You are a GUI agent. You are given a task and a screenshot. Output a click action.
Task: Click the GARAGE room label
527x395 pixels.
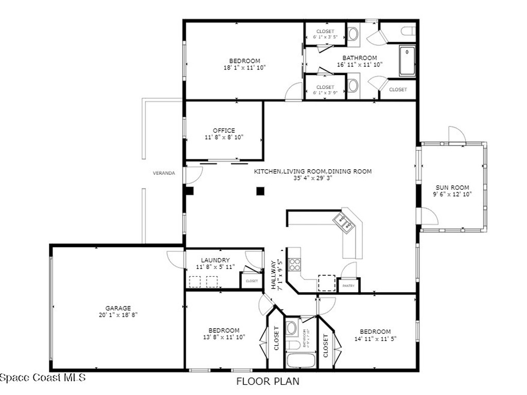(x=118, y=308)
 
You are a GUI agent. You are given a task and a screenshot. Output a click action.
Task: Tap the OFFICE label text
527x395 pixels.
(x=224, y=131)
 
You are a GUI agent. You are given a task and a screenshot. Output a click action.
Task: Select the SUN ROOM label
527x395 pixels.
(x=452, y=187)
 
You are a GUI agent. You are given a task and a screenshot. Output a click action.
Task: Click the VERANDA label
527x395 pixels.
(x=164, y=173)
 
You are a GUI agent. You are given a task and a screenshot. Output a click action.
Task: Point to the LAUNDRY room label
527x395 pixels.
(x=215, y=260)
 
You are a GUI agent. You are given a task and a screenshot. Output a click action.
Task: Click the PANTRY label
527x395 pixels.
(x=348, y=286)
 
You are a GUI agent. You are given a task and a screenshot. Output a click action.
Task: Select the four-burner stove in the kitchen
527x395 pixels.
(x=294, y=264)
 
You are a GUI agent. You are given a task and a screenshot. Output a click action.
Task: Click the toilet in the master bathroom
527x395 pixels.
(x=409, y=31)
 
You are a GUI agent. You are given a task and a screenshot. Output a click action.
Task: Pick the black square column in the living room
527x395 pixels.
(x=260, y=191)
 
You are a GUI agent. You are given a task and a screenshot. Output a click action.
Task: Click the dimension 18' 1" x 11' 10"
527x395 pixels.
(x=244, y=67)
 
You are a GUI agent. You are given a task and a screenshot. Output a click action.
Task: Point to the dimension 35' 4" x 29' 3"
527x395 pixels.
(x=312, y=178)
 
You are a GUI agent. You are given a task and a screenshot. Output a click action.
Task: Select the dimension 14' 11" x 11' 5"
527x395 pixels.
(x=375, y=338)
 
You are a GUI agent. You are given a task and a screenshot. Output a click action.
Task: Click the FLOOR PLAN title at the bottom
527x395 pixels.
(x=268, y=382)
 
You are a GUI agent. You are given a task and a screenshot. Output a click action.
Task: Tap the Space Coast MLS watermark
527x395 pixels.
(x=43, y=378)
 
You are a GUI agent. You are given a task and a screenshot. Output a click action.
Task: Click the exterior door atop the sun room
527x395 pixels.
(x=456, y=135)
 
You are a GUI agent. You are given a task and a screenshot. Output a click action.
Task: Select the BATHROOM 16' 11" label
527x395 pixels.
(x=360, y=58)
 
